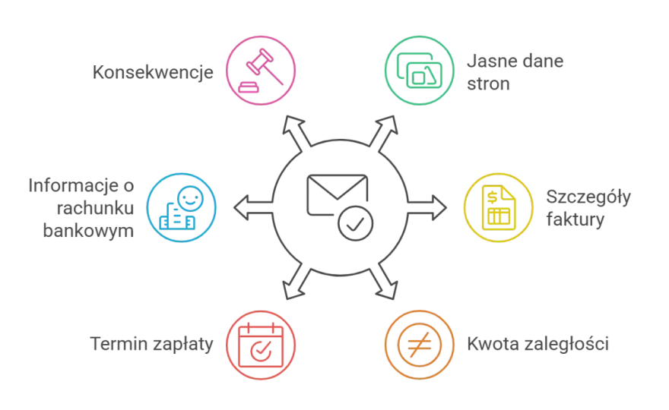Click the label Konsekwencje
point(153,72)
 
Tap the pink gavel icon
point(261,71)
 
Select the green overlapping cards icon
point(419,71)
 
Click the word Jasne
point(489,61)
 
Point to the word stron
point(488,84)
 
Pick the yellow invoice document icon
point(499,207)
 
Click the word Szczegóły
point(588,197)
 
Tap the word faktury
point(575,219)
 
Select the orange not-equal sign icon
point(420,345)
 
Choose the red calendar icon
point(261,345)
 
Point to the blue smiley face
point(190,198)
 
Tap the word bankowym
point(88,231)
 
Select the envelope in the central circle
point(337,194)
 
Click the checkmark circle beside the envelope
point(356,223)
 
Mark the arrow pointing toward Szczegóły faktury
point(427,207)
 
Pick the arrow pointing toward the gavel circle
point(297,134)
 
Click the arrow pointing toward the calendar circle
point(297,281)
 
